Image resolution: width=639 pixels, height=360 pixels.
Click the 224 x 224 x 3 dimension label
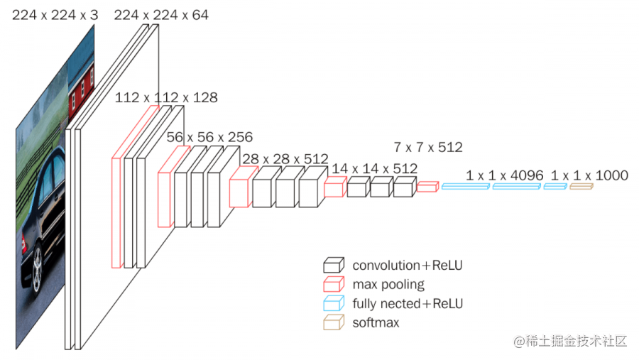tap(55, 14)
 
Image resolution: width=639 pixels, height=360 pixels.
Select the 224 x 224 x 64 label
tap(161, 14)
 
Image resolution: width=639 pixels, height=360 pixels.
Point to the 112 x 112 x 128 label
tap(166, 97)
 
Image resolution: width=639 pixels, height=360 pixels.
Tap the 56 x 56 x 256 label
tap(209, 136)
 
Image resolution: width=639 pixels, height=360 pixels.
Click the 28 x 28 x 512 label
tap(285, 158)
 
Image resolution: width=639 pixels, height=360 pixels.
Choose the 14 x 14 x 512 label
tap(375, 168)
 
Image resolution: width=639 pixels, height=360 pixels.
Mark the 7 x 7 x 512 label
tap(428, 148)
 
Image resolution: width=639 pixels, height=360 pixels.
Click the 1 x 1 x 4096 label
tap(505, 175)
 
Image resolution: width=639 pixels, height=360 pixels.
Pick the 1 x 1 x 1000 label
tap(589, 175)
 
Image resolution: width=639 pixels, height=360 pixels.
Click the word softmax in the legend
tap(376, 323)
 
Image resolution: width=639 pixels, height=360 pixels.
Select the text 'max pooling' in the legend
tap(388, 285)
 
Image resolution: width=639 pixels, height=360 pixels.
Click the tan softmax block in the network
tap(581, 186)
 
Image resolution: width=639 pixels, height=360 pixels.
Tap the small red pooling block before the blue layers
tap(427, 187)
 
